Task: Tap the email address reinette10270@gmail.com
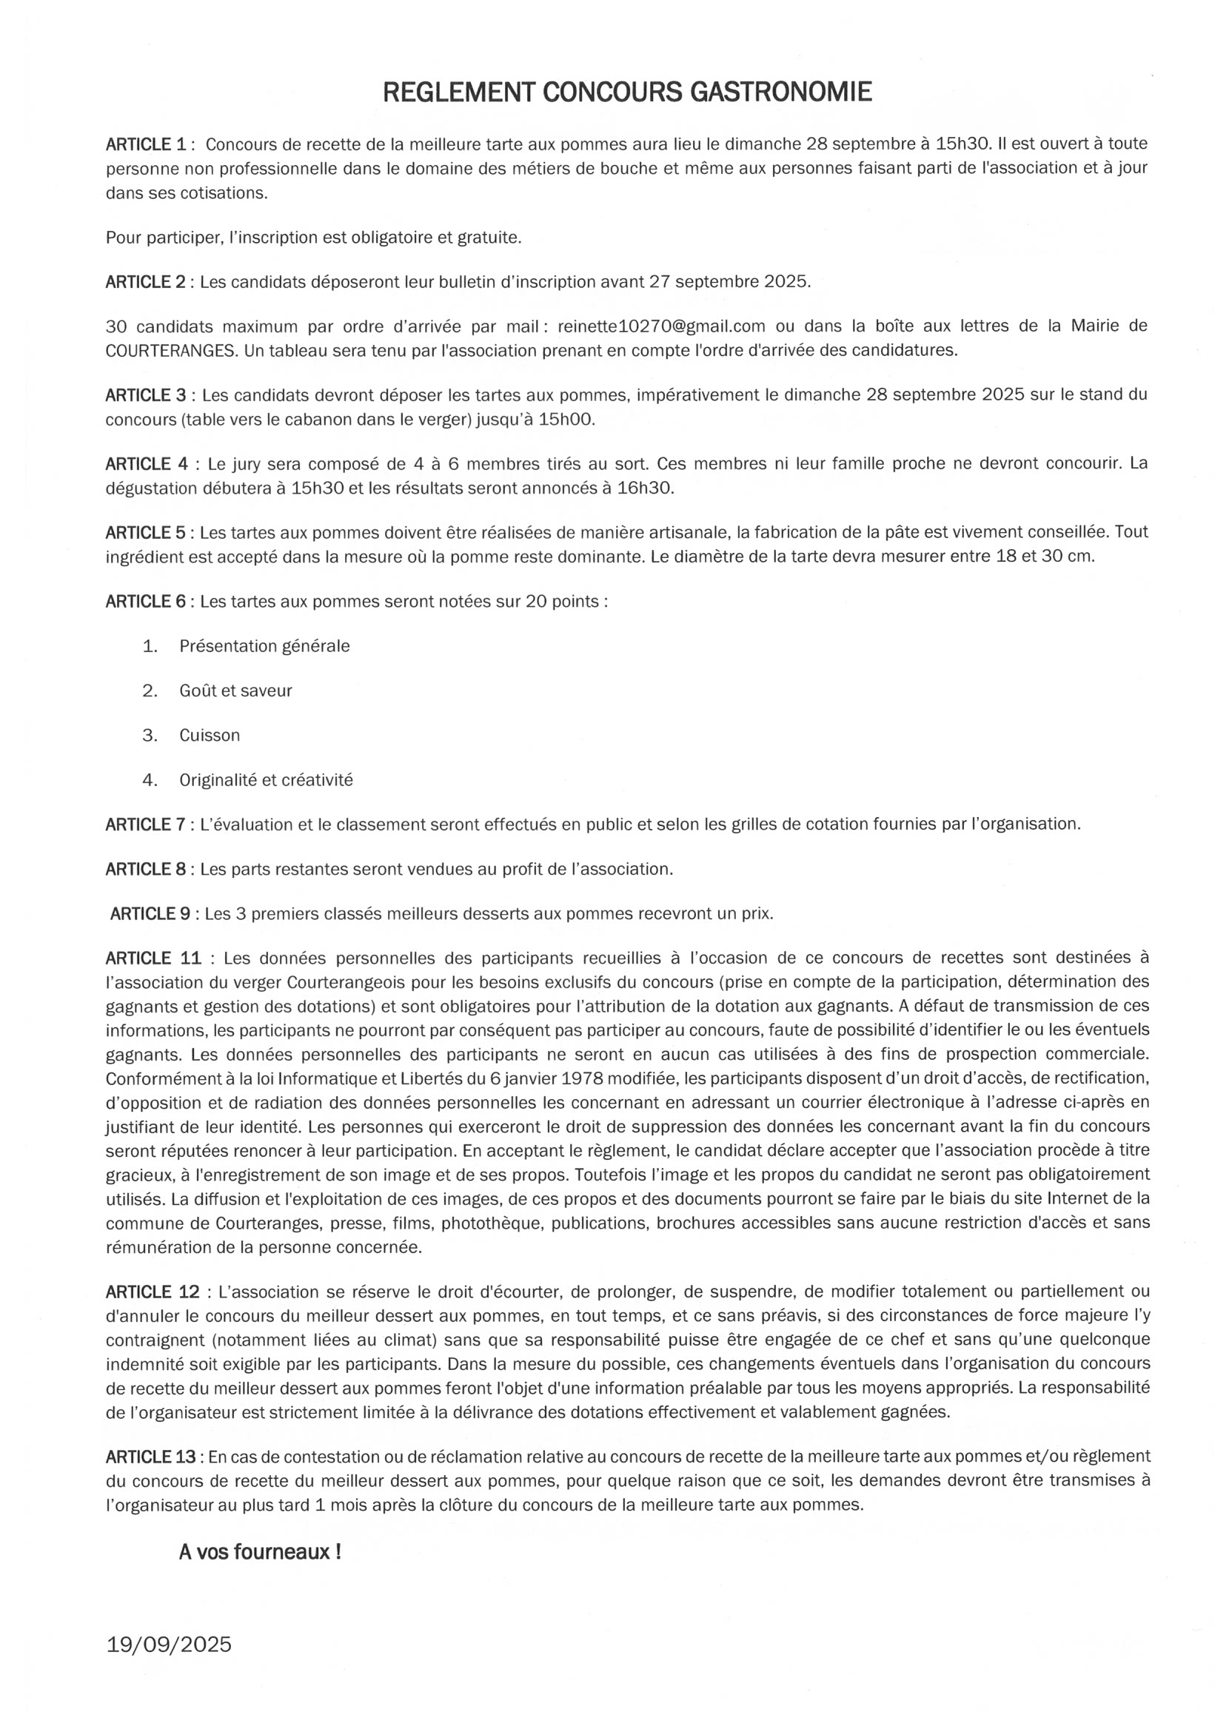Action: [660, 326]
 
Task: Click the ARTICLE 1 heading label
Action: [146, 144]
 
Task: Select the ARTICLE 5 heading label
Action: [146, 532]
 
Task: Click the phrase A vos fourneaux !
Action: [259, 1551]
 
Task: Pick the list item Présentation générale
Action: [264, 646]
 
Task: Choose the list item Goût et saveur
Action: [235, 691]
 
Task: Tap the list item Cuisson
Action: [210, 736]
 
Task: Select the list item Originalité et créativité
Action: [266, 780]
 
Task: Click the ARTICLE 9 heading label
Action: [150, 914]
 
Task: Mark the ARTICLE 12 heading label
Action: [153, 1292]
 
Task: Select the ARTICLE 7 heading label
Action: [146, 825]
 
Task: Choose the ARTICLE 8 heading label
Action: [146, 869]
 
